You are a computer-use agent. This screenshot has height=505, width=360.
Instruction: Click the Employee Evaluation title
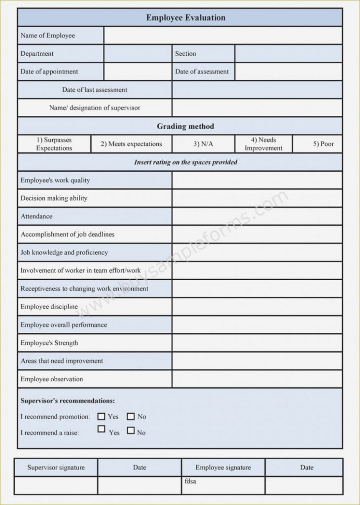click(185, 18)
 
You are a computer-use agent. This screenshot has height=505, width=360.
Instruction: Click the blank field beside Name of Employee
click(223, 36)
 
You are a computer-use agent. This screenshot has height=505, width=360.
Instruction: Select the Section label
click(185, 54)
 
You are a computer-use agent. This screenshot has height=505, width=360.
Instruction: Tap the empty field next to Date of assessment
click(288, 72)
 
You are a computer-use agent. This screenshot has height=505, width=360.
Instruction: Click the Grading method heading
click(185, 126)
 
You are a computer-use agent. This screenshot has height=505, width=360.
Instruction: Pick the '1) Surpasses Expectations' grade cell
click(54, 144)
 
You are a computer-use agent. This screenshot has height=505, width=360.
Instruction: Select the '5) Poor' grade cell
click(323, 144)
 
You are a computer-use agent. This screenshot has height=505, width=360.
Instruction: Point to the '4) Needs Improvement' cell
click(263, 144)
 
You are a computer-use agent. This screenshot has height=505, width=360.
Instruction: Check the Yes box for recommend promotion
click(102, 416)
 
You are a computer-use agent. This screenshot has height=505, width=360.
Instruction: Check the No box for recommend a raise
click(131, 430)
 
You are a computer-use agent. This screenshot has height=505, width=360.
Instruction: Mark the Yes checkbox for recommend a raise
click(102, 429)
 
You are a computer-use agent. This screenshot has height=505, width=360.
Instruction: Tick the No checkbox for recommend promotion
click(131, 416)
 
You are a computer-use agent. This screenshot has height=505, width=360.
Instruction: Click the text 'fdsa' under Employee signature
click(190, 481)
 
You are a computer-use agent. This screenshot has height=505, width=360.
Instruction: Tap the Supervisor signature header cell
click(56, 468)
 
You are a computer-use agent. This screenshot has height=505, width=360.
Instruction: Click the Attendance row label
click(36, 216)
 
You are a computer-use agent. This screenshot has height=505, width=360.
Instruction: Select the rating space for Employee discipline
click(257, 307)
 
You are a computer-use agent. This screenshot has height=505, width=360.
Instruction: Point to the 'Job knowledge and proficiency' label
click(64, 252)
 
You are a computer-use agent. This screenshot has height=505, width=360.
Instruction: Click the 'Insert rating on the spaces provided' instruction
click(185, 162)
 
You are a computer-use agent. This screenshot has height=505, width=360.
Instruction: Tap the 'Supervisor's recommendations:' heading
click(68, 401)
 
